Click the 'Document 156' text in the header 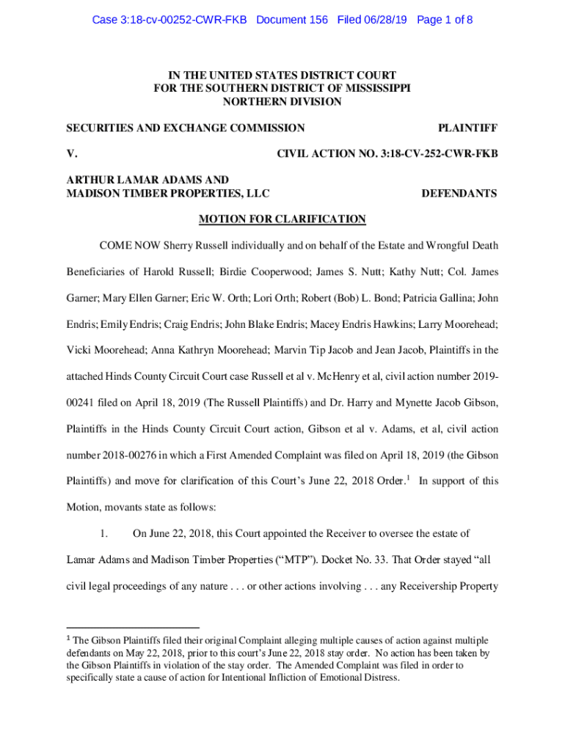pyautogui.click(x=292, y=21)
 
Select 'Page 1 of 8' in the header pyautogui.click(x=445, y=21)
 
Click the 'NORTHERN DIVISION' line pyautogui.click(x=282, y=102)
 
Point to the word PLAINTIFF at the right pyautogui.click(x=467, y=128)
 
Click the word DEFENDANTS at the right pyautogui.click(x=459, y=194)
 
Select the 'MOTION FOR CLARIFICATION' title pyautogui.click(x=282, y=219)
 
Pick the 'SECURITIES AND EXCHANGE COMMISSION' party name pyautogui.click(x=186, y=128)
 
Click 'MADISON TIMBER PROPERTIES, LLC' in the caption pyautogui.click(x=168, y=194)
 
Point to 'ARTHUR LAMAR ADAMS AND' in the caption pyautogui.click(x=147, y=180)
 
